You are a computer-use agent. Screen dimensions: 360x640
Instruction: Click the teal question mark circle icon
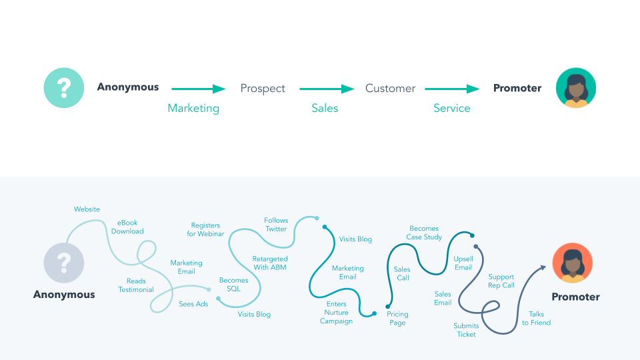(64, 87)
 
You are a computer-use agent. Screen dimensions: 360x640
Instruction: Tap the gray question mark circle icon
(64, 263)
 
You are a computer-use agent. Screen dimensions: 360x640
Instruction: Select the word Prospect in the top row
(263, 89)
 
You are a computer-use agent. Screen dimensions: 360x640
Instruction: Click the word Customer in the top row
(390, 88)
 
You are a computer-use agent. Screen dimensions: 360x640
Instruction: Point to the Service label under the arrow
(451, 108)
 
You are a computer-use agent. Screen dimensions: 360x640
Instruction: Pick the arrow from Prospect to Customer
(327, 89)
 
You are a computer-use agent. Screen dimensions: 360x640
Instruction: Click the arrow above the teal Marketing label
(199, 89)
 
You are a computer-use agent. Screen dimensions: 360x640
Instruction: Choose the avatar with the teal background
(575, 87)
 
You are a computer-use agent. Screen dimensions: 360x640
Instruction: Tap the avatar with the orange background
(572, 263)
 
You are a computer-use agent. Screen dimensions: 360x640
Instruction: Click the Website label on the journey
(87, 209)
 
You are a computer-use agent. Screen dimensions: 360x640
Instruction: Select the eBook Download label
(127, 227)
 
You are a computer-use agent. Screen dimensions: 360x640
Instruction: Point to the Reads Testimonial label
(136, 285)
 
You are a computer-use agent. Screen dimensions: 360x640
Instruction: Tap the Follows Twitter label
(276, 225)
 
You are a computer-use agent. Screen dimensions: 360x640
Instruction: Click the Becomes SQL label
(233, 285)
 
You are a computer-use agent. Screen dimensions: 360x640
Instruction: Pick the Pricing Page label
(397, 319)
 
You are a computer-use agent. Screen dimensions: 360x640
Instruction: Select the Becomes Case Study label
(424, 233)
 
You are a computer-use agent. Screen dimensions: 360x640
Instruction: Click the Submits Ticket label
(466, 330)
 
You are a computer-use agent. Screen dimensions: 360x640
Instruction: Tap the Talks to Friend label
(536, 318)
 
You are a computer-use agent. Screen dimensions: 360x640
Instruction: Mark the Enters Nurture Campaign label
(336, 312)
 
